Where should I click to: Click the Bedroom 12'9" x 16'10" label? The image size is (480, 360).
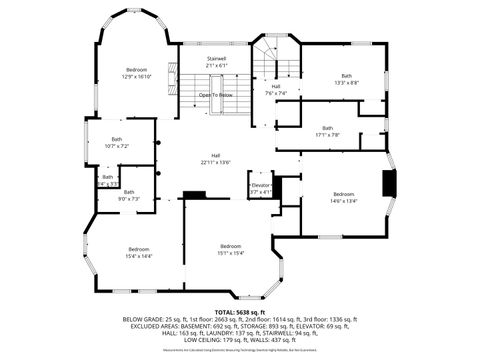tap(137, 72)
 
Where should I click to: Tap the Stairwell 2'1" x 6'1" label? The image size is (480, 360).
tap(216, 62)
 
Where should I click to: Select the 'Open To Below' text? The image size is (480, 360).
tap(216, 95)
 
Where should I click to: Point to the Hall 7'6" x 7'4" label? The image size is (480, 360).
tap(276, 90)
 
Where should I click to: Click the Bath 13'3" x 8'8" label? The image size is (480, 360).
tap(346, 78)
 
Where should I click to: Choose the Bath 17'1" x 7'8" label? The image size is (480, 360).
tap(327, 130)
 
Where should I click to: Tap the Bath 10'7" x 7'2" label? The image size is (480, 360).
tap(117, 142)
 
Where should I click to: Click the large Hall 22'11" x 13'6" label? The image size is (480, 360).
tap(215, 158)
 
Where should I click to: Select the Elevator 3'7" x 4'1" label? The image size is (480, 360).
tap(261, 188)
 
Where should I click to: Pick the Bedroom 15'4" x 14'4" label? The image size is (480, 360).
tap(138, 252)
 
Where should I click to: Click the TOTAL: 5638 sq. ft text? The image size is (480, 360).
tap(239, 312)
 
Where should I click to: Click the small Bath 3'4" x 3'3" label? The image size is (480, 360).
tap(107, 181)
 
